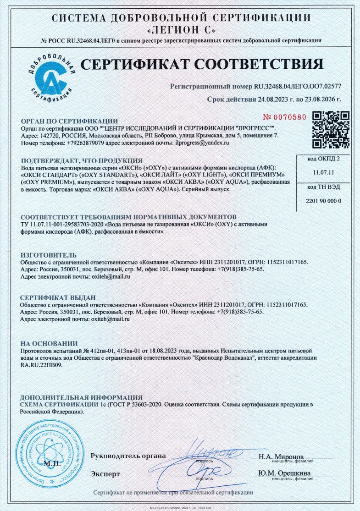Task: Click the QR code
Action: point(331,130)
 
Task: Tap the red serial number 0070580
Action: point(286,117)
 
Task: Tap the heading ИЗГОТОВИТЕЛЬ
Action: point(49,255)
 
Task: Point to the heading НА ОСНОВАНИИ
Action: point(49,343)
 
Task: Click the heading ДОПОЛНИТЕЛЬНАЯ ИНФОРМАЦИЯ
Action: point(82,397)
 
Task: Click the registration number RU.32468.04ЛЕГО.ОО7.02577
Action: point(298,86)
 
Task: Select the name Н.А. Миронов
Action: point(281,456)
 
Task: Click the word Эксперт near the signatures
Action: point(105,473)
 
